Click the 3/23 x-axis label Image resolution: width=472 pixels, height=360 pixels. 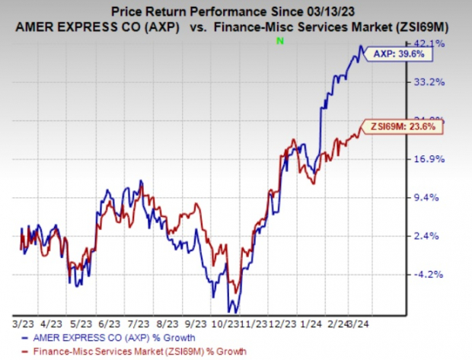pos(22,323)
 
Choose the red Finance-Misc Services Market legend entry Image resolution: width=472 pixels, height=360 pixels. pos(129,351)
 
